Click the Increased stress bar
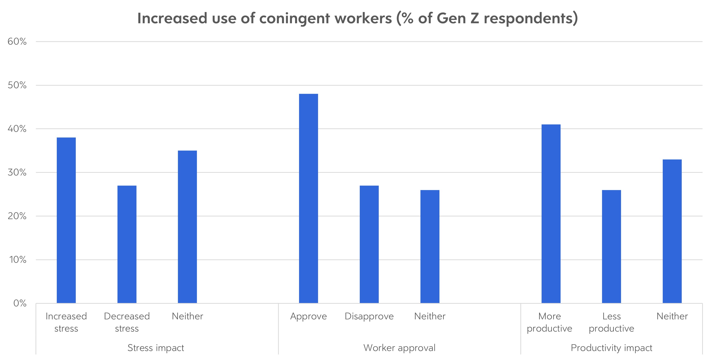coord(66,220)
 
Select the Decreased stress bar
coord(127,244)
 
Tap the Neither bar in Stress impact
coord(187,227)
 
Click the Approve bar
coord(308,198)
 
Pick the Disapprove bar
coord(369,244)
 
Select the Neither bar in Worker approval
coord(430,246)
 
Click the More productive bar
coord(551,214)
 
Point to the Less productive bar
coord(611,246)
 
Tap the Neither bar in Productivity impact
coord(672,231)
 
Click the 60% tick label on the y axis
coord(17,42)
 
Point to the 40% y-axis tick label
coord(17,129)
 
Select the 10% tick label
coord(18,260)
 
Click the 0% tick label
coord(20,303)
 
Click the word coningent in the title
coord(295,19)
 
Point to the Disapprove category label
coord(369,316)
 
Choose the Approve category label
coord(308,316)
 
